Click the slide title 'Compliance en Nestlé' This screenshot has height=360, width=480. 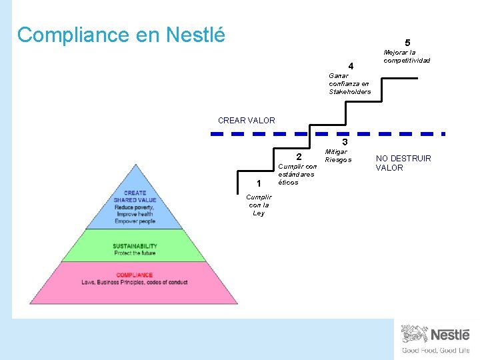[121, 35]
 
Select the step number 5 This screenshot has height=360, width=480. [407, 43]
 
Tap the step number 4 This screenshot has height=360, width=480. [351, 66]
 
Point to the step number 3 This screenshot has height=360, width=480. [345, 143]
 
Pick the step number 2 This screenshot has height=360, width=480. [299, 157]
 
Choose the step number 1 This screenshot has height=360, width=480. [258, 183]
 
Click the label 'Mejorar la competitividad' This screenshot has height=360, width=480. [407, 56]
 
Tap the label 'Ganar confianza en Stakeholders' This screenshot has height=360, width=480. [349, 83]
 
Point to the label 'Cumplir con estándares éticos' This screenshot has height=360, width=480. [297, 174]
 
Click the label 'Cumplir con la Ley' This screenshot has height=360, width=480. [259, 205]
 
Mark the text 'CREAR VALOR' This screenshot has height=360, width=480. [246, 121]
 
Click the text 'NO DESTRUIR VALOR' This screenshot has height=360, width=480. [403, 163]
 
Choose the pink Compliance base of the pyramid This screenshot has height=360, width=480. [135, 283]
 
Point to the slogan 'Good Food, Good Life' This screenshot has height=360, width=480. [435, 351]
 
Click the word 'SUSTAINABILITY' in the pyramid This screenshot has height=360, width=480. [135, 246]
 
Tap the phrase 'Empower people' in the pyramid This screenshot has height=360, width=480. [135, 221]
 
